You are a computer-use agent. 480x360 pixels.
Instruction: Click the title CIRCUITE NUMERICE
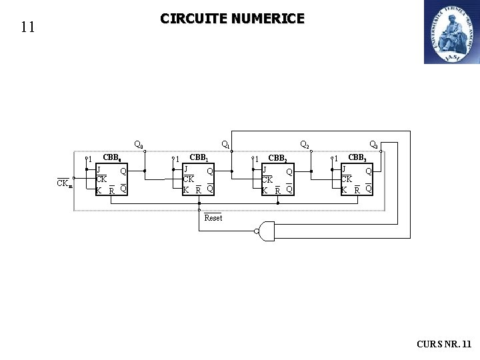pyautogui.click(x=232, y=19)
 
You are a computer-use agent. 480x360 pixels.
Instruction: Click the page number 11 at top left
pyautogui.click(x=27, y=27)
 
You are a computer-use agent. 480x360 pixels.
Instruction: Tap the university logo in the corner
pyautogui.click(x=451, y=32)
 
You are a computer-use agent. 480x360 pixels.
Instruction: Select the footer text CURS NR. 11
pyautogui.click(x=444, y=344)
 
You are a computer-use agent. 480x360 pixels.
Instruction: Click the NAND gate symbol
pyautogui.click(x=266, y=231)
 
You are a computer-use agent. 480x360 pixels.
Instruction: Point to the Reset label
pyautogui.click(x=213, y=218)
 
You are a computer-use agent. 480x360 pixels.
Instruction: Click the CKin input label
pyautogui.click(x=64, y=183)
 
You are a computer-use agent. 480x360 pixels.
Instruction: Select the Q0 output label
pyautogui.click(x=139, y=143)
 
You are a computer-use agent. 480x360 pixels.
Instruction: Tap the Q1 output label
pyautogui.click(x=226, y=144)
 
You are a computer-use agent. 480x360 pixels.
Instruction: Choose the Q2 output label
pyautogui.click(x=305, y=144)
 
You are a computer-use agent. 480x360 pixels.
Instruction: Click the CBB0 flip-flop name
pyautogui.click(x=111, y=159)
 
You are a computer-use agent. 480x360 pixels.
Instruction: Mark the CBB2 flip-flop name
pyautogui.click(x=277, y=159)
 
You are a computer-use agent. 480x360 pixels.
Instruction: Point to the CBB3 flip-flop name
pyautogui.click(x=357, y=159)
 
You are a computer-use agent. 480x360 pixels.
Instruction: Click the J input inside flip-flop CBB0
pyautogui.click(x=99, y=169)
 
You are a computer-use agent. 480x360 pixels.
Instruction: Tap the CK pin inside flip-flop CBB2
pyautogui.click(x=267, y=179)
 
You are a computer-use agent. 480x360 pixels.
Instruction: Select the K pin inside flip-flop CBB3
pyautogui.click(x=344, y=190)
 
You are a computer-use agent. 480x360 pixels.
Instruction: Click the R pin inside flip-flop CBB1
pyautogui.click(x=199, y=190)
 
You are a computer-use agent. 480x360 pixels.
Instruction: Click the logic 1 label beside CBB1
pyautogui.click(x=178, y=159)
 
